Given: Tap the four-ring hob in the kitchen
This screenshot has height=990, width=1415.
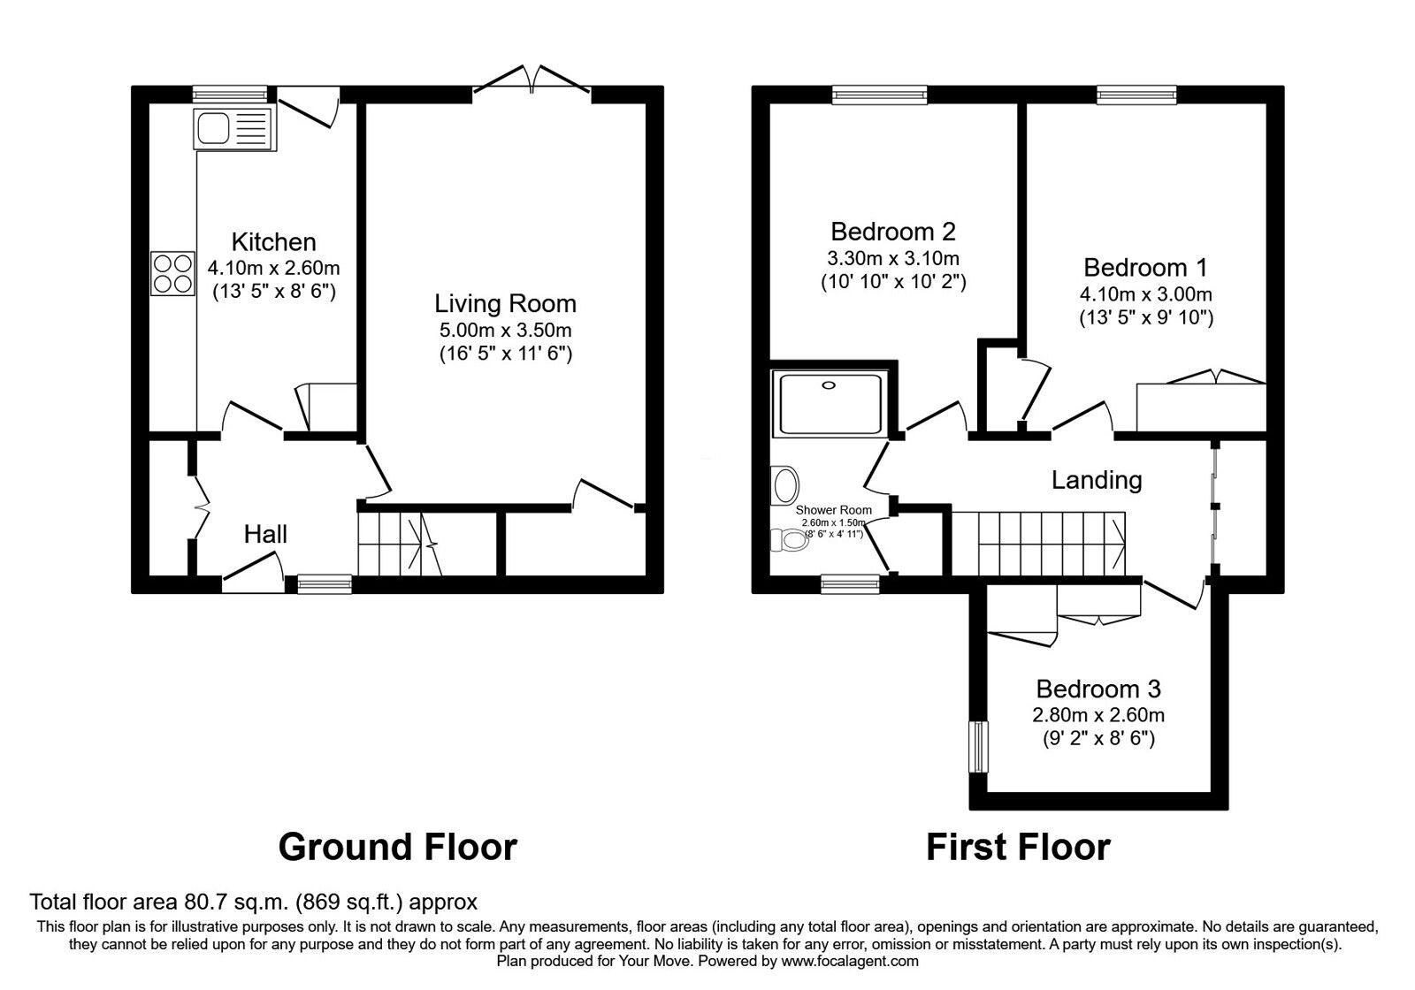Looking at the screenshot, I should (172, 272).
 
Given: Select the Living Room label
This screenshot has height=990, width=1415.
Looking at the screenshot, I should (505, 304).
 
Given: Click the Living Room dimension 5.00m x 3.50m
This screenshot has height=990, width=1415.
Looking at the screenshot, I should (505, 331).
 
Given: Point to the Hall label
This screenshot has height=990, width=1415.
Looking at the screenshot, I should (265, 534).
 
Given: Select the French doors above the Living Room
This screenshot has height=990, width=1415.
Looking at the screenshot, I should (531, 80).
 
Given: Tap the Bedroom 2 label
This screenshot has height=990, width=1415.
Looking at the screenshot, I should (893, 232).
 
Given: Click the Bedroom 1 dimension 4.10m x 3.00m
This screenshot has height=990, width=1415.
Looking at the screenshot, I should (1145, 294).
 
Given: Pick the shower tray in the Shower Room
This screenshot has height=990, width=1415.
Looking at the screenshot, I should (828, 403).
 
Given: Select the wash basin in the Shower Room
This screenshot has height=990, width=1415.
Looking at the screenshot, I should (784, 484).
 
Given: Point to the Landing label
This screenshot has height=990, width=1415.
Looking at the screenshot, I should (1097, 480).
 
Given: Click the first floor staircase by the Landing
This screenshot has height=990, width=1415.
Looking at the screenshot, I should (1039, 543).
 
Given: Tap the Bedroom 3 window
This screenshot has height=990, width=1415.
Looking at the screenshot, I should (978, 747).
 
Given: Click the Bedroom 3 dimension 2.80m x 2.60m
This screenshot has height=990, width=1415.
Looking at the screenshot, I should (1098, 714).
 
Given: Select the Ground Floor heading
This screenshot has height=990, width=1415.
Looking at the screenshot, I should (397, 847).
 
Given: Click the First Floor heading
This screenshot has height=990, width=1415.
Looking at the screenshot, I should (1017, 847).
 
